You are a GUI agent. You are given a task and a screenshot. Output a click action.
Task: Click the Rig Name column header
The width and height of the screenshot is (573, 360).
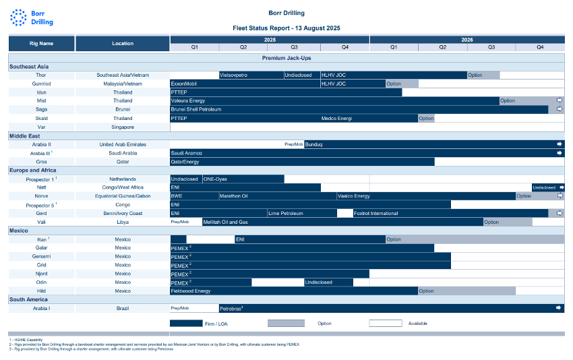coord(42,43)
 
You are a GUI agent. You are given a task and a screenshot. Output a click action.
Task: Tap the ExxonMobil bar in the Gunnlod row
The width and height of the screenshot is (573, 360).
coord(245,84)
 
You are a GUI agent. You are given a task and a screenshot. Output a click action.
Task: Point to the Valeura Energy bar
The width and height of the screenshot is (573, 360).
coord(334,101)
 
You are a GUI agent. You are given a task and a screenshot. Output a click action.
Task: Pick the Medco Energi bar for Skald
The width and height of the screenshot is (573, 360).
coord(369,118)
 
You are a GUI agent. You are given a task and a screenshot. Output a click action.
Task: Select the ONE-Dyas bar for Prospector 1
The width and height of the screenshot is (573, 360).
coord(243,179)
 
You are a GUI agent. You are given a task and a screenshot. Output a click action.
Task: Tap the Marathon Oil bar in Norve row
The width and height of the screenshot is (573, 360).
coord(277,196)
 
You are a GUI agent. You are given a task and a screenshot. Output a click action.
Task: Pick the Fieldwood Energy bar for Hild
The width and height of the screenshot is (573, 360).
coord(293,291)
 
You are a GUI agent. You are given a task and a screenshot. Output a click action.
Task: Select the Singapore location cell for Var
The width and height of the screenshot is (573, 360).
coord(123,127)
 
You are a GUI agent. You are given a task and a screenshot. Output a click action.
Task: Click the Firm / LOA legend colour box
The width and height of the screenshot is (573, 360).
coord(191,324)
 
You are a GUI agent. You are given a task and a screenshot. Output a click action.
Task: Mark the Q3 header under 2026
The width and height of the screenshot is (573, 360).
coord(491,47)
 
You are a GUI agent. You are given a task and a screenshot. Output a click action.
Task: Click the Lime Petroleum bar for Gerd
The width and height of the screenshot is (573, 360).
coord(301,214)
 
